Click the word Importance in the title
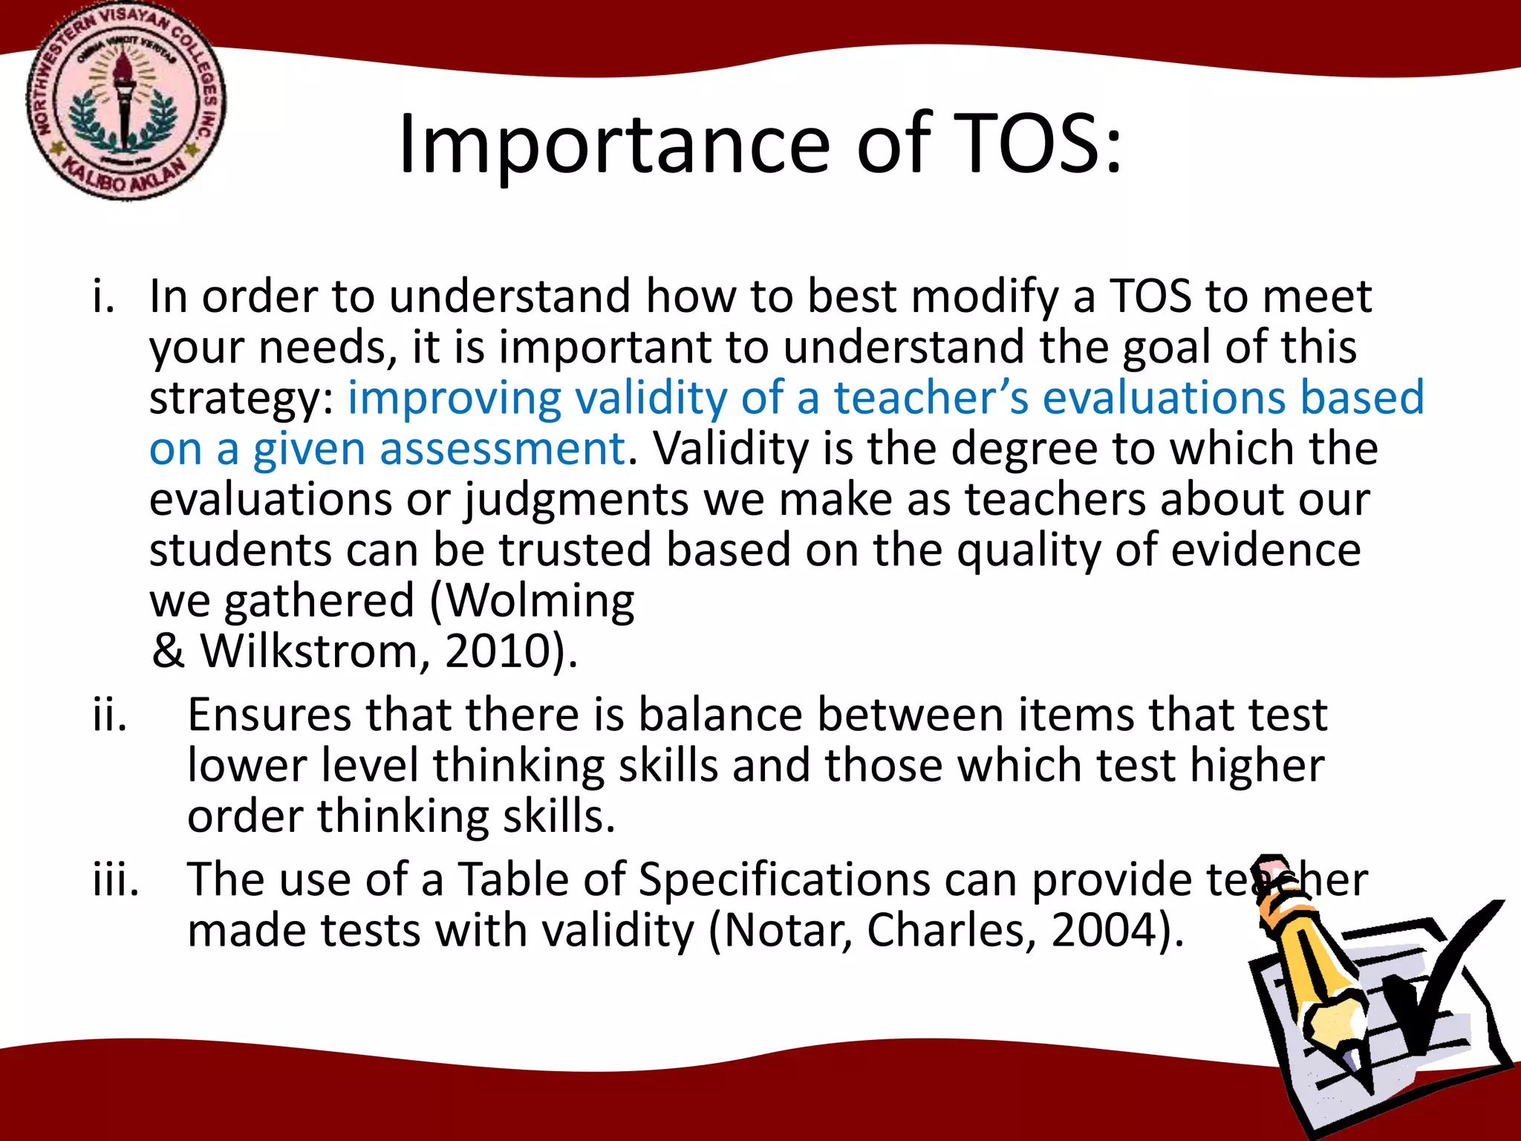coord(613,146)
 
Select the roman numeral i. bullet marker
coord(104,296)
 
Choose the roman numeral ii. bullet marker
coord(110,715)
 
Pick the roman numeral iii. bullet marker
coord(116,880)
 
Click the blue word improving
coord(454,398)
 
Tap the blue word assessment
coord(502,449)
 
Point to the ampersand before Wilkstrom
coord(168,651)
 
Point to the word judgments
coord(577,499)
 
